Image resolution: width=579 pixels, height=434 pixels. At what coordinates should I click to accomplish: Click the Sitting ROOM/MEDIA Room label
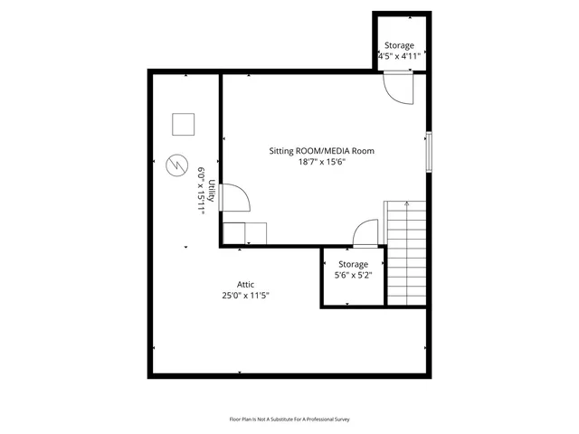(321, 151)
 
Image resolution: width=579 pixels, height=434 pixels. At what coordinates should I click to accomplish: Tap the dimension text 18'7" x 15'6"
(321, 163)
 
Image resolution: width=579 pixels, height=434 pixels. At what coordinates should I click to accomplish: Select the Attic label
(245, 284)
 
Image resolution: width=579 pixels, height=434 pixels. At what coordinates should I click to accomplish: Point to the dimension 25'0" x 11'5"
(245, 296)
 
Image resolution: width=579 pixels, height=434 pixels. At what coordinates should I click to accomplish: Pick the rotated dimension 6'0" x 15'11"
(201, 190)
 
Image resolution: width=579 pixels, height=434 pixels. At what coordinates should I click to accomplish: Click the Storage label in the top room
(399, 45)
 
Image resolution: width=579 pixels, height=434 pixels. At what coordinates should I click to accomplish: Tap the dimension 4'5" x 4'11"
(399, 57)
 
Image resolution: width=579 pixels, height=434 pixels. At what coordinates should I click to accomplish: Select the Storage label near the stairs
(353, 264)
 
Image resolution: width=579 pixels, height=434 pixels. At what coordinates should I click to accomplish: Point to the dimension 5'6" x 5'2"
(353, 275)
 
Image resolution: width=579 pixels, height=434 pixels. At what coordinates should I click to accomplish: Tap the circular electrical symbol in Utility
(175, 165)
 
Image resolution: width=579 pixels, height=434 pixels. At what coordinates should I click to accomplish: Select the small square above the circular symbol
(184, 123)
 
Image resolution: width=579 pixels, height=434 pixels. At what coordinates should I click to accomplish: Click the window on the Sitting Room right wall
(429, 150)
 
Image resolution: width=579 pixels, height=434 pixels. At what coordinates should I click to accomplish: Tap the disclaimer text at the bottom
(289, 419)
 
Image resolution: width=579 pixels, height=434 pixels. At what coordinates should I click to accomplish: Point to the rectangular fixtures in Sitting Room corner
(245, 232)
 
